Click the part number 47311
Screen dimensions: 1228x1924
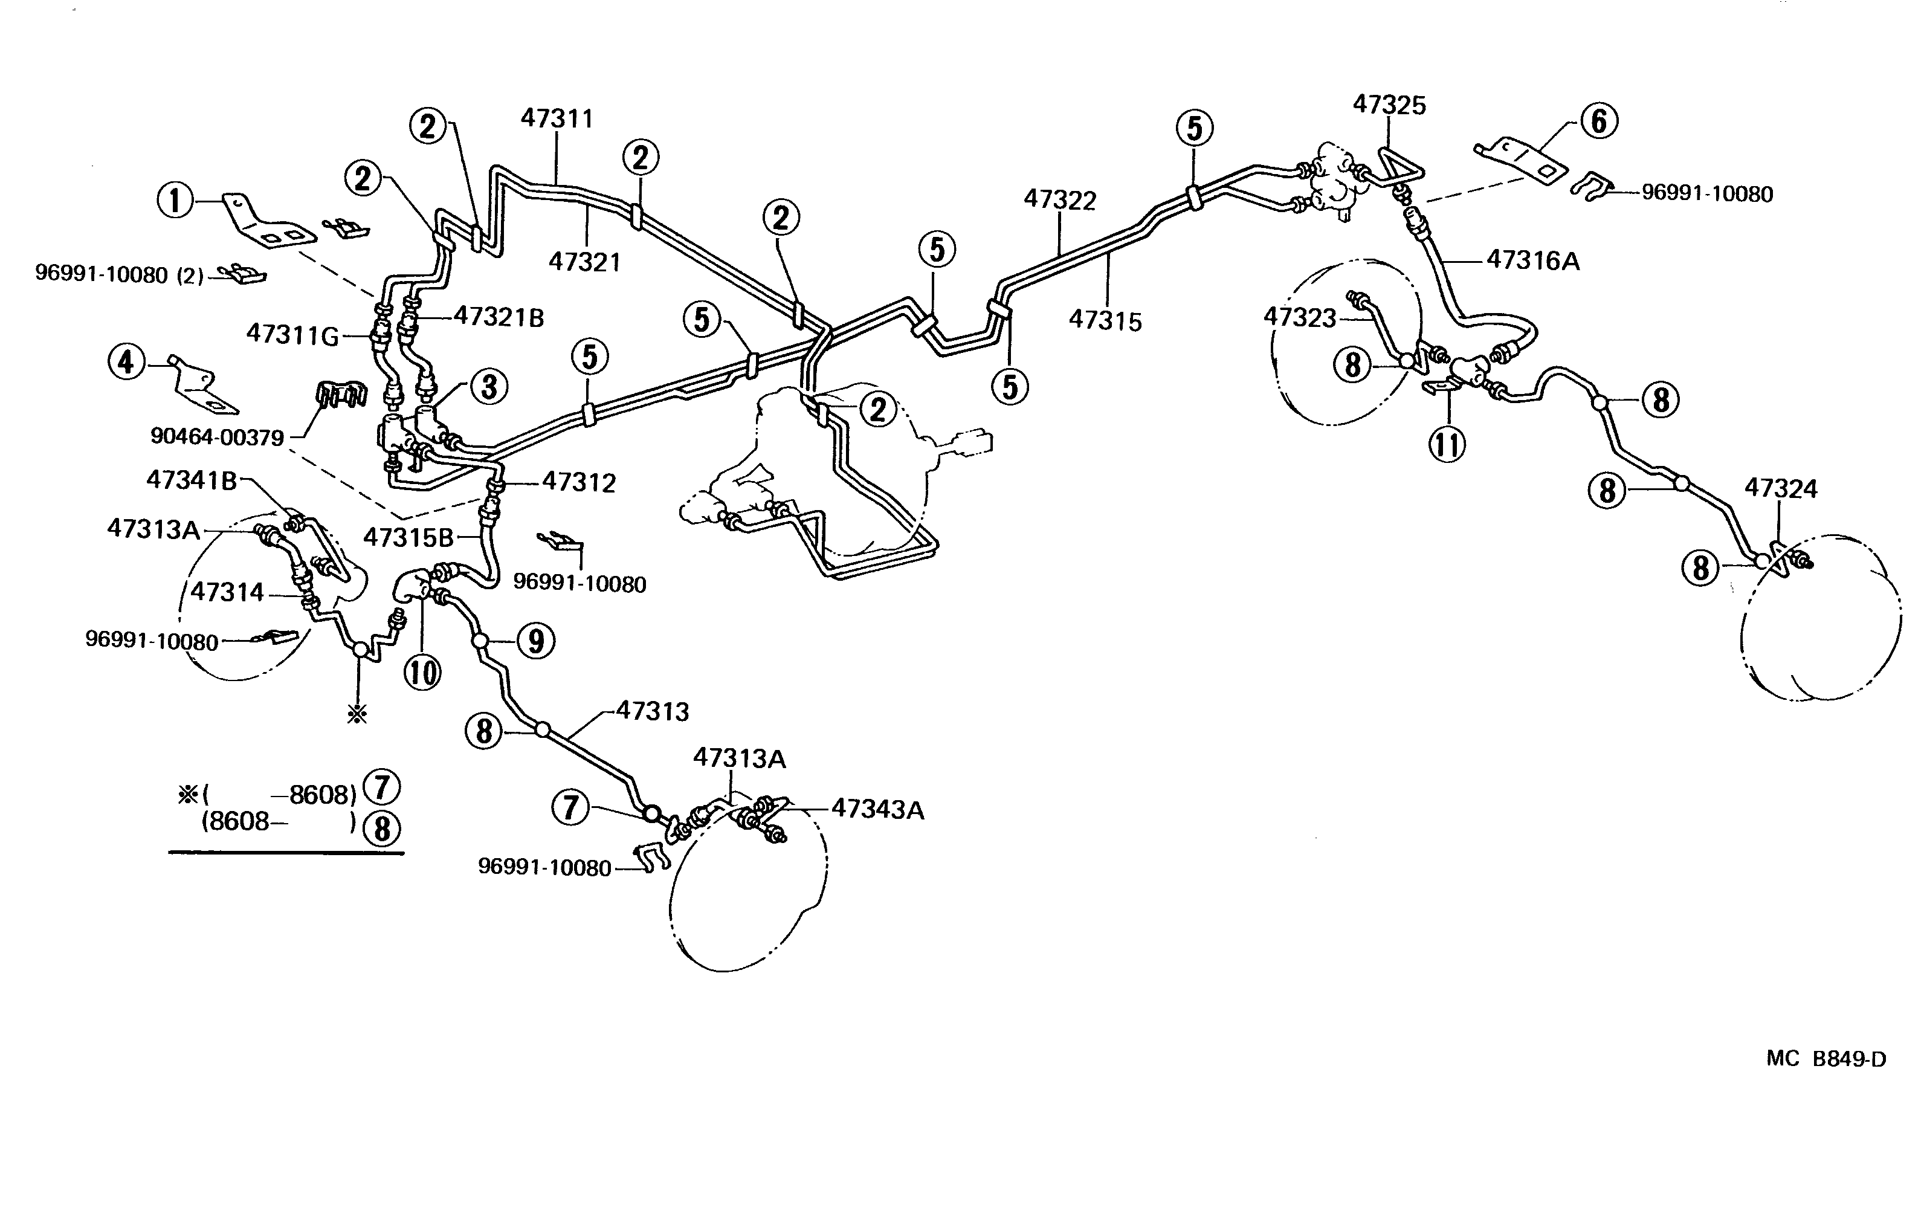[x=557, y=118]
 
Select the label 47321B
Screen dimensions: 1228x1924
[x=499, y=317]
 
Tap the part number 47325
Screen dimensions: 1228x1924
[x=1389, y=105]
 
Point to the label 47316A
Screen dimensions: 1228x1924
[x=1532, y=260]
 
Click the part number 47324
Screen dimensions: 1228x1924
[x=1780, y=488]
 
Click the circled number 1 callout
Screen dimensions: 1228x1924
[x=175, y=200]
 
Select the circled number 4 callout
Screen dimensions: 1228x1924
[x=126, y=363]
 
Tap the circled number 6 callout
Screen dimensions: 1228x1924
[x=1599, y=121]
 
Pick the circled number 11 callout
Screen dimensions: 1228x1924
[x=1447, y=444]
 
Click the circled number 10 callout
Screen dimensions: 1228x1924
[x=422, y=672]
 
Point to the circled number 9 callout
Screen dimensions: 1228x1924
[x=535, y=641]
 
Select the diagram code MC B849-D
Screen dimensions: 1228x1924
[x=1826, y=1059]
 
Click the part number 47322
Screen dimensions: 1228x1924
[x=1060, y=200]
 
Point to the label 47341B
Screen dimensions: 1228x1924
[x=192, y=480]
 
